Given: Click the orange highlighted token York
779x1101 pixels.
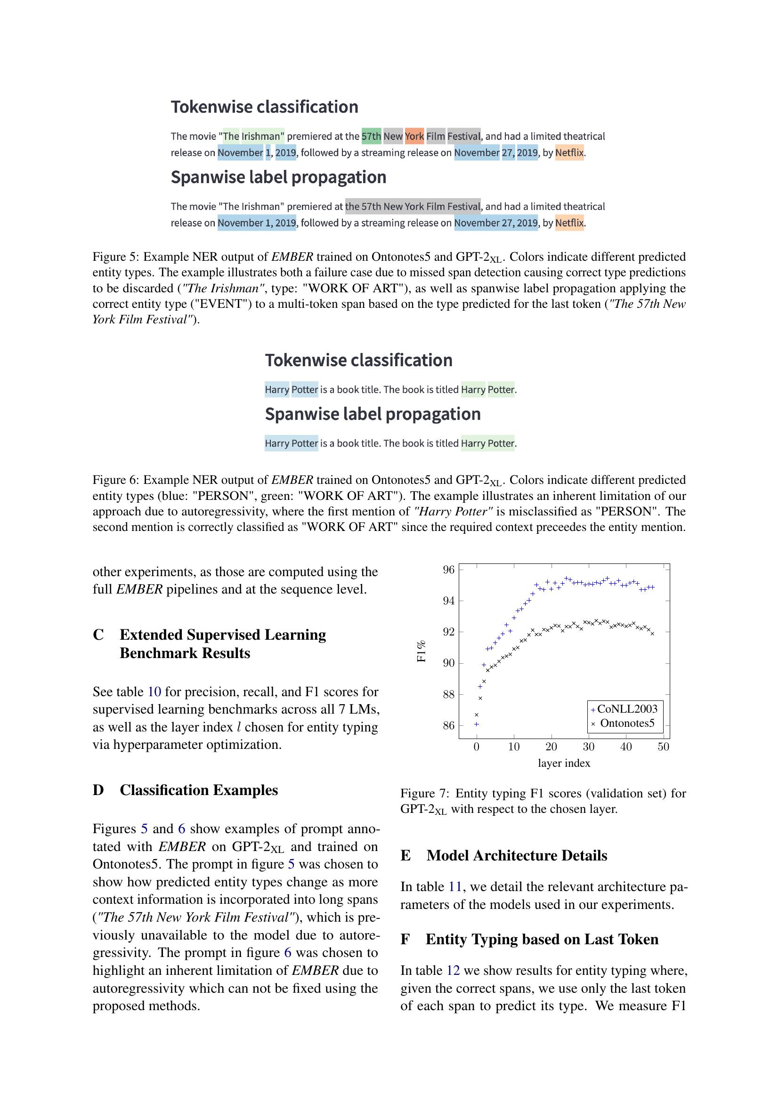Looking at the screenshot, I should pos(414,136).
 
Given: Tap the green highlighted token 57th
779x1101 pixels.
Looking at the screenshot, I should pos(371,136).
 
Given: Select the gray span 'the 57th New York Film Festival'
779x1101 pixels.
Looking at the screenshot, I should pos(413,206).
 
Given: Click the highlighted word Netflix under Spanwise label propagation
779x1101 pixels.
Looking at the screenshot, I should pos(569,223).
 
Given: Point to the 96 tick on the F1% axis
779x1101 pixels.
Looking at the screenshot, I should pos(448,570).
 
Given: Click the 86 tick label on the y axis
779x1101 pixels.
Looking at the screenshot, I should pos(448,725).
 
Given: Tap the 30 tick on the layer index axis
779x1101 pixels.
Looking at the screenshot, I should pos(589,747).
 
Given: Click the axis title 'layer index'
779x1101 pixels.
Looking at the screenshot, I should pos(564,763).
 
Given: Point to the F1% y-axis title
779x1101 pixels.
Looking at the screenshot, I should pos(421,651).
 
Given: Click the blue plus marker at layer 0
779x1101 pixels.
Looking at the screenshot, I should pos(476,724).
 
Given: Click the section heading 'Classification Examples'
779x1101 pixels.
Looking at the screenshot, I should pos(199,790).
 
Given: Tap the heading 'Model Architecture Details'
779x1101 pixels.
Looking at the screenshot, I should pos(517,855).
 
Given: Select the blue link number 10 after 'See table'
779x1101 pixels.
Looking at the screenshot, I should pos(154,691).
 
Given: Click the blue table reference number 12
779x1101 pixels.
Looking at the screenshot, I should pos(453,971).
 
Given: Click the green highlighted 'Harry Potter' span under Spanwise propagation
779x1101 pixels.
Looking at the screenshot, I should pos(487,443).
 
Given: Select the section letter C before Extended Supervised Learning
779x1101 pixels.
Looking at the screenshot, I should pos(98,635).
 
